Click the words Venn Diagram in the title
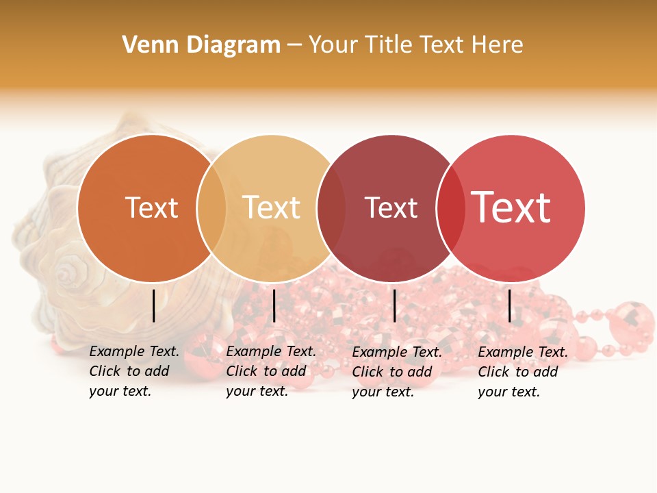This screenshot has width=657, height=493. click(201, 45)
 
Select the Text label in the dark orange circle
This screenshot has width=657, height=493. click(151, 208)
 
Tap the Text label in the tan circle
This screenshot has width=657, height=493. click(272, 208)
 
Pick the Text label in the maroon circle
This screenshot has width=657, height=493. click(391, 208)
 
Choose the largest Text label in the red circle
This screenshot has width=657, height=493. click(511, 207)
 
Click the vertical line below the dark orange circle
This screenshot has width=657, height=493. click(154, 305)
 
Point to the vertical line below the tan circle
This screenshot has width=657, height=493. click(274, 305)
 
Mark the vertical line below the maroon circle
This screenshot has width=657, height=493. click(394, 305)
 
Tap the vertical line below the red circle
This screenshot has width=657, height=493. click(509, 305)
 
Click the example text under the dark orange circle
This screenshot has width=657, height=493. click(134, 371)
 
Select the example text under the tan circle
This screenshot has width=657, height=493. click(271, 371)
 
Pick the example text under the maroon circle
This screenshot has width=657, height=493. click(397, 372)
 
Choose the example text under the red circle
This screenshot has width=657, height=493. click(523, 372)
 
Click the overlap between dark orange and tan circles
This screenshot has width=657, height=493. click(211, 208)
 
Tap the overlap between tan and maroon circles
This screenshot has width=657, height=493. click(331, 208)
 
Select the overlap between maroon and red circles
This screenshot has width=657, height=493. click(450, 208)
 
